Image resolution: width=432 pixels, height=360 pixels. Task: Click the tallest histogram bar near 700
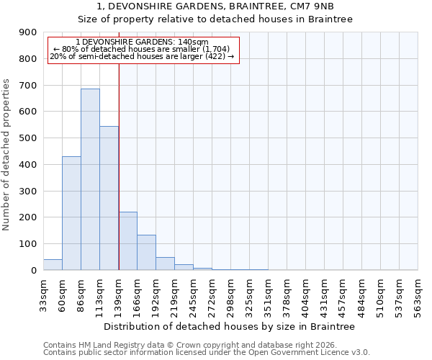pos(90,179)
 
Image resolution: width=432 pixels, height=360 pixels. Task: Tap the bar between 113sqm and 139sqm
pos(109,198)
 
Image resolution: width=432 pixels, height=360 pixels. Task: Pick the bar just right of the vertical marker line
pos(127,241)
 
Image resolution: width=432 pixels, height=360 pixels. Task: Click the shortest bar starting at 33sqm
pos(53,264)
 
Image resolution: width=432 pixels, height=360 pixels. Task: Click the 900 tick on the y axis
pos(28,32)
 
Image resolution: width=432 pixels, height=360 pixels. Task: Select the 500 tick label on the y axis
pos(28,138)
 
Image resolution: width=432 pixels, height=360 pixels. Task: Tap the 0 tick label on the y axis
pos(34,271)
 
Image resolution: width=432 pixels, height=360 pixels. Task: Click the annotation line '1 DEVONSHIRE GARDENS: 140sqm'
pos(142,42)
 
